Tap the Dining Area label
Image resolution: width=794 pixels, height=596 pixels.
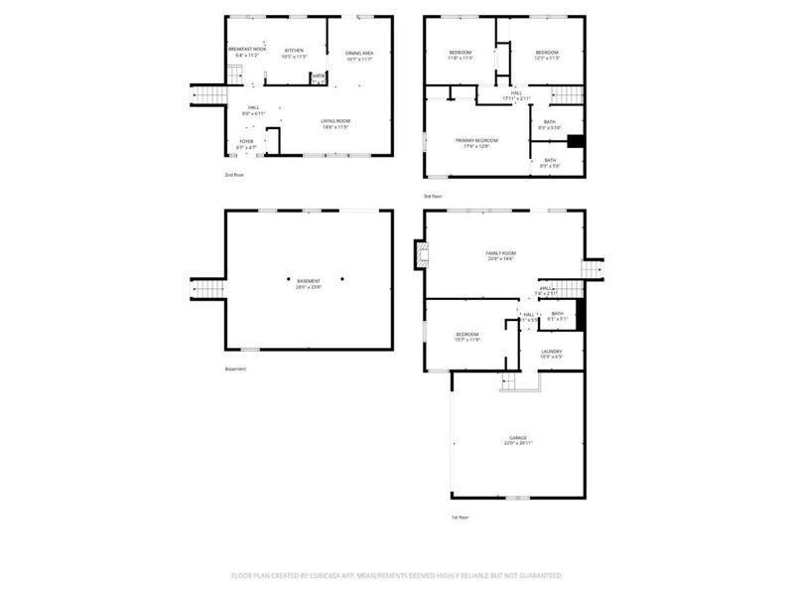coord(359,56)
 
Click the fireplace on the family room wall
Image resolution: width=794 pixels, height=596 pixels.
coord(421,257)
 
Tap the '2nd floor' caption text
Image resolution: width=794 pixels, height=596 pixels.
coord(234,174)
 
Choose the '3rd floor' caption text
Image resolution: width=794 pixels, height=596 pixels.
coord(433,196)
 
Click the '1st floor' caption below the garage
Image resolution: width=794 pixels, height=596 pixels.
coord(459,517)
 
